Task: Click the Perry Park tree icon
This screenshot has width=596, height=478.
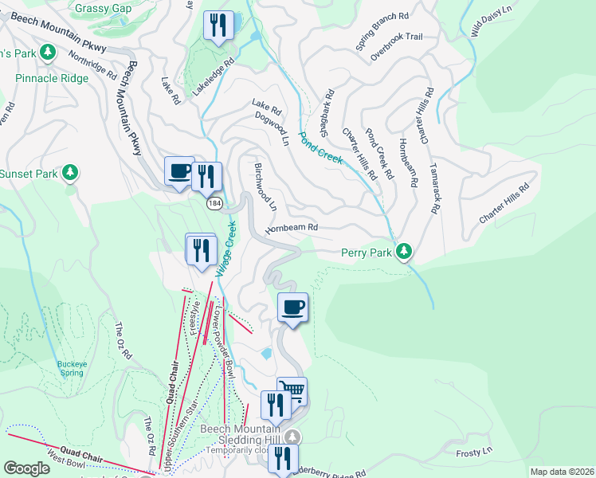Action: tap(405, 252)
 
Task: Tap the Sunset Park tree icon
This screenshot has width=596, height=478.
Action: tap(71, 172)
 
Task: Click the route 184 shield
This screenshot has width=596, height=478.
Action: tap(214, 204)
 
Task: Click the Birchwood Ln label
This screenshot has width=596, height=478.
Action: tap(265, 187)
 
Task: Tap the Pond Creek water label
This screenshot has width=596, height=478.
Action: tap(320, 148)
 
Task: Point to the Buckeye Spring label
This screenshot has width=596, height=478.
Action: tap(70, 368)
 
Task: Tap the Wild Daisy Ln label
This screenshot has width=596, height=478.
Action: tap(488, 19)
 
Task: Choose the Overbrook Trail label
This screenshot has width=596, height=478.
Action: tap(395, 37)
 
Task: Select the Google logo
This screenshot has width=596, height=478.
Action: tap(26, 468)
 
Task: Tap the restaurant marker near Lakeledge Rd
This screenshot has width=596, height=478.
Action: tap(218, 25)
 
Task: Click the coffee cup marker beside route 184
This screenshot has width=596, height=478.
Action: tap(179, 170)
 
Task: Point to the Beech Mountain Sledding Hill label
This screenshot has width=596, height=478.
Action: tap(241, 434)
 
